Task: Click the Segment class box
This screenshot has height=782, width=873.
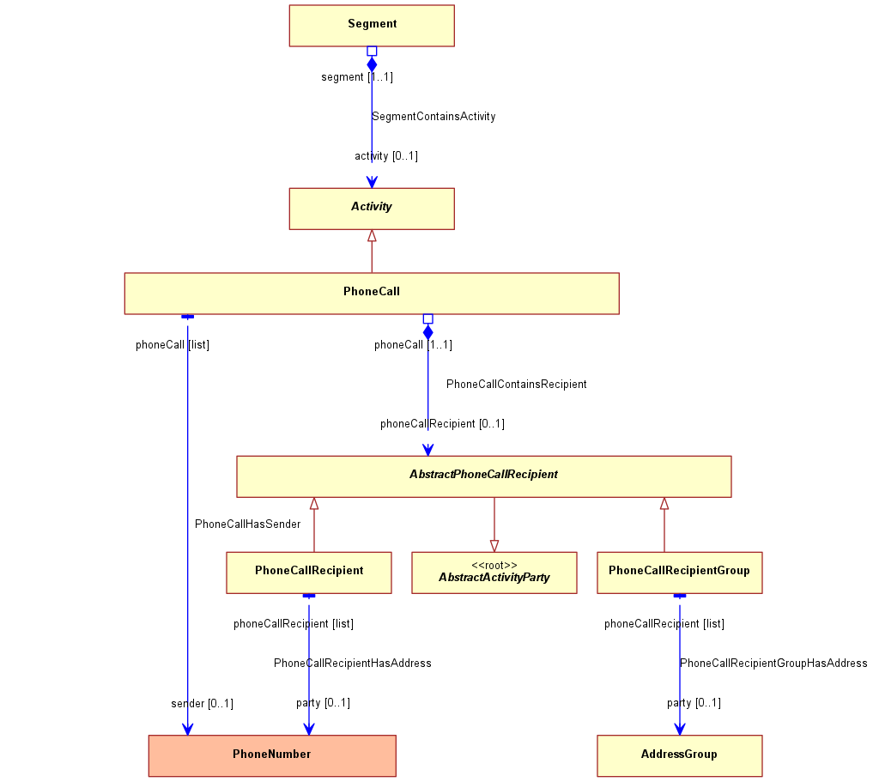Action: coord(372,26)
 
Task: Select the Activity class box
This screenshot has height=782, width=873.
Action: coord(372,209)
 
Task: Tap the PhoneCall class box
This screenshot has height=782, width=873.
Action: coord(372,294)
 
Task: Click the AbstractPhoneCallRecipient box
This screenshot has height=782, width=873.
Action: coord(484,476)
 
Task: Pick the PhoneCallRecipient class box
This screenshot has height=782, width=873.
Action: coord(309,573)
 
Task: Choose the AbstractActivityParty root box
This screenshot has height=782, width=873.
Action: coord(494,573)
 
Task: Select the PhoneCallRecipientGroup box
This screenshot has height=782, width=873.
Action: coord(680,573)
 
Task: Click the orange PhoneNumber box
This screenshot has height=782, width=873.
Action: coord(272,756)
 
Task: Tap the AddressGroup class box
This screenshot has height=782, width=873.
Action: coord(680,756)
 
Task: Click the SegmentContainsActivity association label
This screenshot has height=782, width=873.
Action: coord(433,117)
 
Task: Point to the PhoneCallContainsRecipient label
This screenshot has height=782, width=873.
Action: coord(517,384)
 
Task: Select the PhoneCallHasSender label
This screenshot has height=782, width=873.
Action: coord(248,524)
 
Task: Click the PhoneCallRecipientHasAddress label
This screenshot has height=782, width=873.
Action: coord(353,663)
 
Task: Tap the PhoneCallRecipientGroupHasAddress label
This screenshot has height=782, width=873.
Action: coord(773,663)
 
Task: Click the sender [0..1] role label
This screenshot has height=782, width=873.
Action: coord(202,704)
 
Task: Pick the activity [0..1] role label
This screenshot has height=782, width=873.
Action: coord(386,156)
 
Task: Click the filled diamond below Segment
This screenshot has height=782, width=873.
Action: coord(372,64)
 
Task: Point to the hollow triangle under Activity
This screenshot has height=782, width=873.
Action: coord(372,236)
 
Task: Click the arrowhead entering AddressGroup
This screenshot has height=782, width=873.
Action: coord(680,729)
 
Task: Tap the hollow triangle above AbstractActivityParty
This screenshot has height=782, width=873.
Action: coord(494,545)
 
